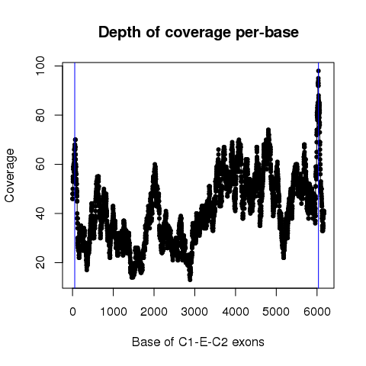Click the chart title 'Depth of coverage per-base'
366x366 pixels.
pos(198,33)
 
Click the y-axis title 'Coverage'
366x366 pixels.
pos(10,175)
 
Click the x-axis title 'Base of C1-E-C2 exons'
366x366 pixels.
pos(198,342)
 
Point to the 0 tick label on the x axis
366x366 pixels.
pos(72,311)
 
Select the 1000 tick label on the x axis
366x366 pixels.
pos(114,311)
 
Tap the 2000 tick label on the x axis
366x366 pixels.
pos(154,311)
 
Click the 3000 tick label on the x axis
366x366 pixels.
pos(194,311)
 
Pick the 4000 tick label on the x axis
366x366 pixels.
pos(236,311)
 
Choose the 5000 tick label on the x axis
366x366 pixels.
pos(276,311)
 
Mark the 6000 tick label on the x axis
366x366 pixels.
pos(317,311)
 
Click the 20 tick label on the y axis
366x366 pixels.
pos(40,262)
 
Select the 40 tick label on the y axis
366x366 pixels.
pos(40,213)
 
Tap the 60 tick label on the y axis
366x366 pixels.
pos(40,164)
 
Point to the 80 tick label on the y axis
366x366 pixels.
pos(40,115)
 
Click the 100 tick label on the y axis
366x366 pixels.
pos(40,66)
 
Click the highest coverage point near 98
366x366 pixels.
pos(319,71)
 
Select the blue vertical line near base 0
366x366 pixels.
pos(75,175)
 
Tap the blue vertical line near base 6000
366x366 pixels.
pos(319,175)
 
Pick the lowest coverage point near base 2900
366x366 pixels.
pos(190,280)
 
